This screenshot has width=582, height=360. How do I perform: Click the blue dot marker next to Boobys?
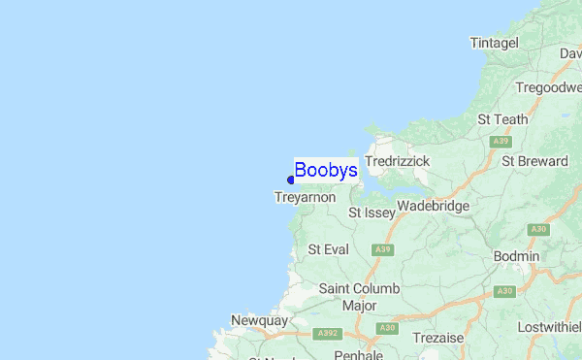[291, 180]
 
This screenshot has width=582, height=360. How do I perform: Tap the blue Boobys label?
[326, 171]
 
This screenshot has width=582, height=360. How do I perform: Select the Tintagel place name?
[495, 44]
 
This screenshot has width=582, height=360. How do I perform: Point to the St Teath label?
[503, 119]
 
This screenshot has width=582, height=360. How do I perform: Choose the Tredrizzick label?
[397, 160]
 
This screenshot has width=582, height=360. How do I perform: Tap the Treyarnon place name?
[305, 197]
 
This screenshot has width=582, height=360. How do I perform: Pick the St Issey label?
[372, 212]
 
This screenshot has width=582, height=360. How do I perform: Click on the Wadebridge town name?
[433, 206]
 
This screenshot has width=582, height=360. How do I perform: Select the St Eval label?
[328, 249]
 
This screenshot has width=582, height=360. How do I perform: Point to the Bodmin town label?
[516, 255]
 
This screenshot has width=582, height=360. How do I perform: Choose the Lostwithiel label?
[549, 327]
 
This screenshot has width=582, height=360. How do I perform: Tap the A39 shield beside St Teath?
[501, 142]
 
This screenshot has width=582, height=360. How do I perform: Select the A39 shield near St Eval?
[384, 249]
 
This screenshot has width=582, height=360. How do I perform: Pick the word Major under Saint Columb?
[359, 306]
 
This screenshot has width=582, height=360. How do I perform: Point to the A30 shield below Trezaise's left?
[389, 328]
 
